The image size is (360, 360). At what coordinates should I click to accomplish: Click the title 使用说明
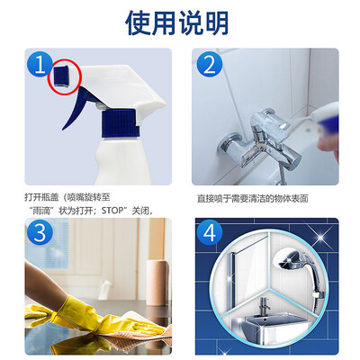(x=177, y=23)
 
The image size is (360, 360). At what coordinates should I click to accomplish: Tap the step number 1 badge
(x=40, y=64)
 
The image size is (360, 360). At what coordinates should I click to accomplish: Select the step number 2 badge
(x=210, y=64)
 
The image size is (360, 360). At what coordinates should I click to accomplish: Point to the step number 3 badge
(x=40, y=232)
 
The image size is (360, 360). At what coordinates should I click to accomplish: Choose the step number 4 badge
(x=210, y=232)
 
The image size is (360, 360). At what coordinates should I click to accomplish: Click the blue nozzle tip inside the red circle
(x=61, y=76)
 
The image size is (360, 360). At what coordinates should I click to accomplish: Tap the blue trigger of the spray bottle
(x=79, y=106)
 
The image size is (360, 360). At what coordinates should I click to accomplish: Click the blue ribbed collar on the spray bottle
(x=121, y=123)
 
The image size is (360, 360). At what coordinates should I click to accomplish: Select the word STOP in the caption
(x=112, y=211)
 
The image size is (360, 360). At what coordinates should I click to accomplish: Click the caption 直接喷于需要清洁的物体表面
(x=253, y=199)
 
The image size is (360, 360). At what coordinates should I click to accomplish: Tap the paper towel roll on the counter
(x=156, y=282)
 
